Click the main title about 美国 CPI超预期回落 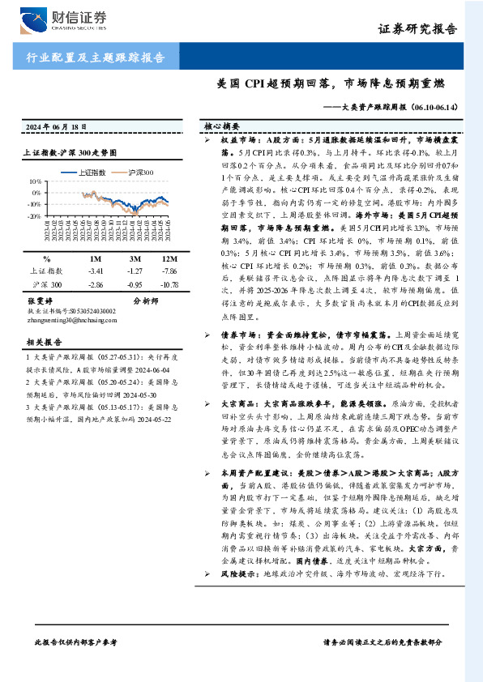tap(332, 83)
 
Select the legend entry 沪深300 tap(139, 173)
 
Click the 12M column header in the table tap(169, 258)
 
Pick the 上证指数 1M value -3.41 tap(96, 271)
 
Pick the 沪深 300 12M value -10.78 tap(169, 286)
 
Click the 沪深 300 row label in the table tap(45, 286)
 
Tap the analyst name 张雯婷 tap(42, 301)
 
